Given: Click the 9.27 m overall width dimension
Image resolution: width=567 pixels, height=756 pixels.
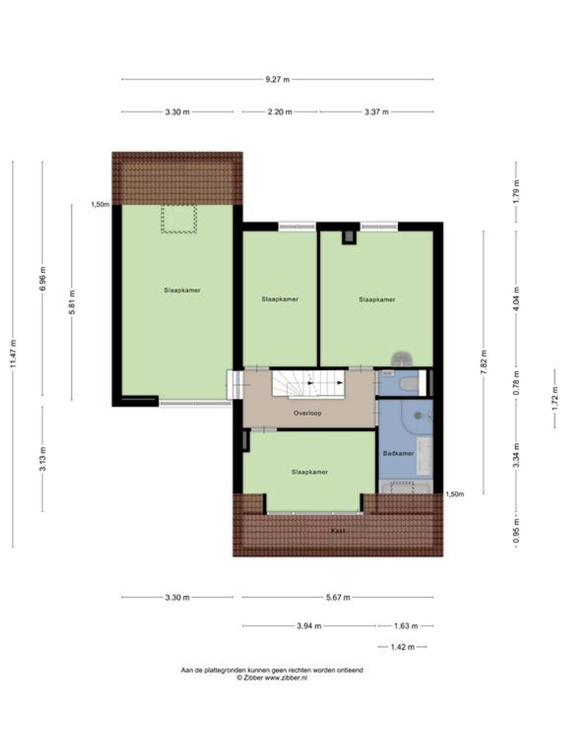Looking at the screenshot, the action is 277,79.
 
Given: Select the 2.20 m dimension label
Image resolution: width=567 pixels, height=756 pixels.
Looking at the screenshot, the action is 280,112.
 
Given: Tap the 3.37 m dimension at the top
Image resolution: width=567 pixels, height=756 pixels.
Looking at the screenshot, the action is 377,112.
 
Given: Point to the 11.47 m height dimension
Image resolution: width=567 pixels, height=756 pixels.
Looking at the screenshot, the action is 13,354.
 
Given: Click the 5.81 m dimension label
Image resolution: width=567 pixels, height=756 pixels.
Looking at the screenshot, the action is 72,302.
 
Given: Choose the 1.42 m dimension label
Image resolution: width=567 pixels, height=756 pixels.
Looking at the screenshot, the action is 403,647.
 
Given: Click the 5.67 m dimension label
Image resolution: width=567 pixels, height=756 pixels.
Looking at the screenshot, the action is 338,598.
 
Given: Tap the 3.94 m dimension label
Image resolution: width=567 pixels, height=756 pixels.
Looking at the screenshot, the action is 309,626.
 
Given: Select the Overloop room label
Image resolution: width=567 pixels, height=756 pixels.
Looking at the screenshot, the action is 308,413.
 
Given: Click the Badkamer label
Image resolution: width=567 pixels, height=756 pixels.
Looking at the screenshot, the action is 398,454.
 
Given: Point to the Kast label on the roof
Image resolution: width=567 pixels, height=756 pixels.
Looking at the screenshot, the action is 338,531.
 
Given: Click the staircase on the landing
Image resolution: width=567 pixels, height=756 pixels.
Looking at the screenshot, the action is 309,384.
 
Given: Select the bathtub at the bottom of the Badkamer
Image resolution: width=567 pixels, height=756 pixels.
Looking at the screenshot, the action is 405,487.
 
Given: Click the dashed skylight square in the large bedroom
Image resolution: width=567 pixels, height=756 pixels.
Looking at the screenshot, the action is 179,219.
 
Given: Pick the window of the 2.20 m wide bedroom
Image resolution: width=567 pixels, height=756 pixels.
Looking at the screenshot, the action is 297,226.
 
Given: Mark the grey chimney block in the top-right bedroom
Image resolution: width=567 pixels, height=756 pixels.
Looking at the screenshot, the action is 349,237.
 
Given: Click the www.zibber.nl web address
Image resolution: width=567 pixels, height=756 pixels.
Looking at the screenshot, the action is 286,677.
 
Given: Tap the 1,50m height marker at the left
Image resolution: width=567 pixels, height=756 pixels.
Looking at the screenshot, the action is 100,205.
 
